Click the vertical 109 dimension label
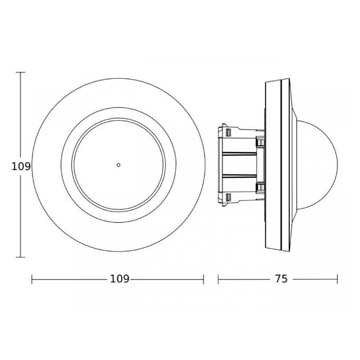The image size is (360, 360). (x=21, y=166)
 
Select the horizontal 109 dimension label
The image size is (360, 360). (x=120, y=279)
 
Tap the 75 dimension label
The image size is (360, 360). (x=281, y=279)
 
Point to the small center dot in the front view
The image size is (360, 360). (x=118, y=165)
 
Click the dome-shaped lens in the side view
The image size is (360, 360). (x=317, y=165)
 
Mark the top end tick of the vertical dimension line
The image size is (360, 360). (x=20, y=72)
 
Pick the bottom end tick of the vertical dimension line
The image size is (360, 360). (x=20, y=257)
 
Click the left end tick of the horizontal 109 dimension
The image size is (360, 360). (x=31, y=279)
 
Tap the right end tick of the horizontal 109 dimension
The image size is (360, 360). (x=203, y=279)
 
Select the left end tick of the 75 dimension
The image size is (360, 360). (x=218, y=279)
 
